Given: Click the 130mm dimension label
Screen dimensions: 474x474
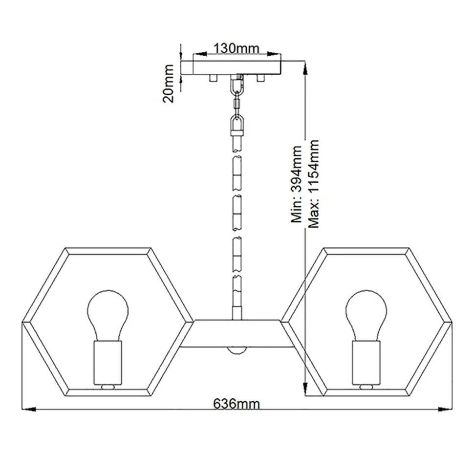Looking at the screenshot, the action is tap(237, 48).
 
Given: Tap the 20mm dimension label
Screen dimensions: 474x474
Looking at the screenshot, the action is tap(169, 84).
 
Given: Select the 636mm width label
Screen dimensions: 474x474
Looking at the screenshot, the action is tap(237, 404).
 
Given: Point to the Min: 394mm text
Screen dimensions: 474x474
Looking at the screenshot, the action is tap(297, 184).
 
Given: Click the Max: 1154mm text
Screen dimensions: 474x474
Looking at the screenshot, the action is tap(314, 184).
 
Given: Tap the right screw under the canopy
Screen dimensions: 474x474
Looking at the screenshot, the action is tap(260, 78).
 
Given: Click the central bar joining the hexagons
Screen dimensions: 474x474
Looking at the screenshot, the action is tap(237, 333).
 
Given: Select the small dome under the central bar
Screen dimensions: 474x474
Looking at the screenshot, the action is tap(237, 350).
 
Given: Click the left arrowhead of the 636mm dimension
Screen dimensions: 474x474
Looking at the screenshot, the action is tap(29, 409).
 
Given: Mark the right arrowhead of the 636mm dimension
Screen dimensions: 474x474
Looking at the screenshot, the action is tap(445, 409).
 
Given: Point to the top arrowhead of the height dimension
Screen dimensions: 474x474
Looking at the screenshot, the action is tap(305, 68).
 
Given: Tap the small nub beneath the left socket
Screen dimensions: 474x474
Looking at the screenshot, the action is tap(108, 387).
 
